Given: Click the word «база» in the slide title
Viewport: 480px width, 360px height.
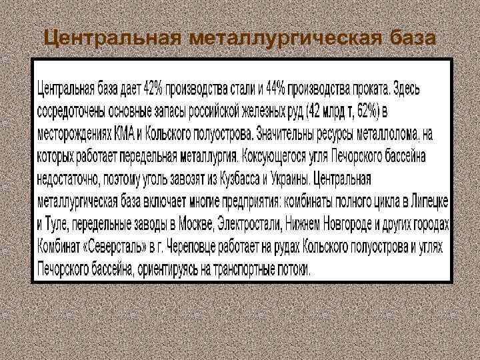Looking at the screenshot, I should coord(410,39).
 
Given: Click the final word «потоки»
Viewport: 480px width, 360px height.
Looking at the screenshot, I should coord(294,269).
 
